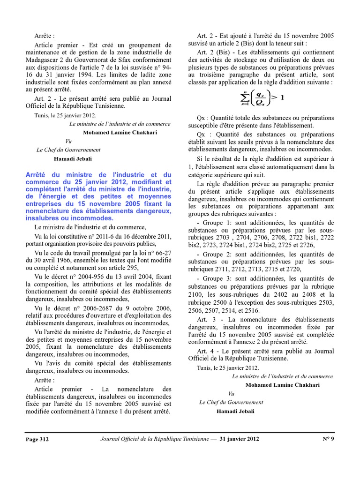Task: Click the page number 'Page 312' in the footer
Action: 37,439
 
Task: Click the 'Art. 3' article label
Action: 206,319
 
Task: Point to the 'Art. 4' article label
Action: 206,351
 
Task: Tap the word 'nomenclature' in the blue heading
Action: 49,211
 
